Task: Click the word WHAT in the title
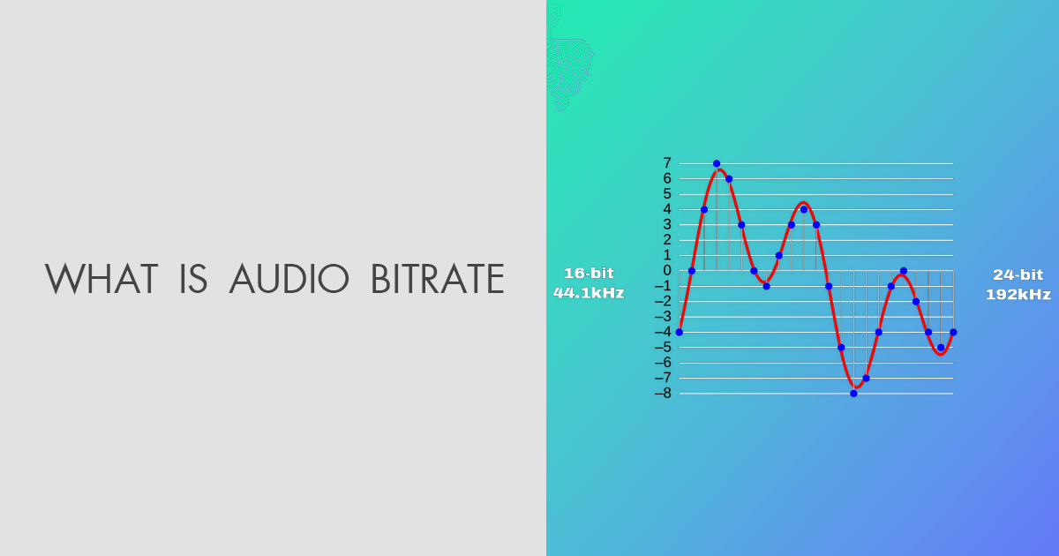[101, 279]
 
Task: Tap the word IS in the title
[192, 279]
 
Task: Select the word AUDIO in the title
[289, 279]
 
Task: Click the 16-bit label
[588, 274]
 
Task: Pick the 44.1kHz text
[588, 293]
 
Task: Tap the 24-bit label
[1018, 275]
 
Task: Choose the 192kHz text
[1018, 295]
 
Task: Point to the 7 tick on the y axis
[667, 163]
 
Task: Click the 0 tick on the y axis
[667, 271]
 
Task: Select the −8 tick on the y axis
[662, 394]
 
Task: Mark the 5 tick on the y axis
[667, 194]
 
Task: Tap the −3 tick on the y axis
[662, 317]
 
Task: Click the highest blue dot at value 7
[717, 164]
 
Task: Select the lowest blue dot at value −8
[853, 394]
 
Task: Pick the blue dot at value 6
[729, 179]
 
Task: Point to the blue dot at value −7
[866, 379]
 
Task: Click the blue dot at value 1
[778, 256]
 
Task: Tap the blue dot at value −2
[916, 302]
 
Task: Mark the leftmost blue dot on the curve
[679, 332]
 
